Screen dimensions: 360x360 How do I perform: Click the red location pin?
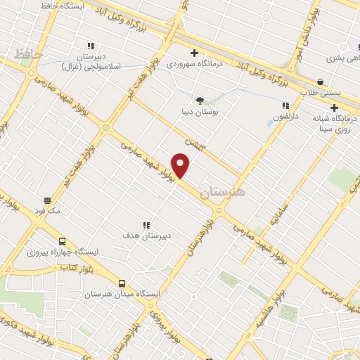pyautogui.click(x=181, y=166)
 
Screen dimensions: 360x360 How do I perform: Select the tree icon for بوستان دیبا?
pyautogui.click(x=200, y=100)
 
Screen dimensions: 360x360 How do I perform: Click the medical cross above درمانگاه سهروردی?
pyautogui.click(x=195, y=53)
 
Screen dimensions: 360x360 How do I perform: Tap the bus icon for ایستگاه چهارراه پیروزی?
pyautogui.click(x=63, y=240)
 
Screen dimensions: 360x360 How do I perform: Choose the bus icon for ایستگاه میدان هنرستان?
pyautogui.click(x=122, y=282)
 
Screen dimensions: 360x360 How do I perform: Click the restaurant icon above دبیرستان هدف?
pyautogui.click(x=146, y=225)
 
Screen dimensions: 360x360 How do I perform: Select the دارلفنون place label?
pyautogui.click(x=285, y=115)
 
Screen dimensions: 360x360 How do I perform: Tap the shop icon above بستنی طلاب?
pyautogui.click(x=321, y=82)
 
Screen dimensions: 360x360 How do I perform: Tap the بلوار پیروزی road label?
pyautogui.click(x=162, y=323)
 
